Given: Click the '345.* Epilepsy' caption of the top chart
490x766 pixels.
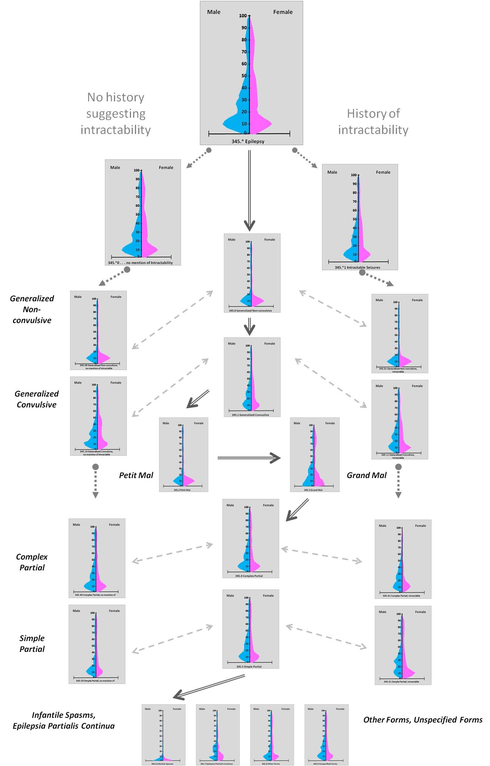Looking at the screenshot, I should coord(248,141).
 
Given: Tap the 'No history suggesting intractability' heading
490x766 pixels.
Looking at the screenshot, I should coord(116,113).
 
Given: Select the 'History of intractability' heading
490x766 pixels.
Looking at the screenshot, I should coord(373,122).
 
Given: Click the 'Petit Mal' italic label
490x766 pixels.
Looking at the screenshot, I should coord(136,475).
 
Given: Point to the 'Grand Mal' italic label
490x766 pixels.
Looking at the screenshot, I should coord(367,475).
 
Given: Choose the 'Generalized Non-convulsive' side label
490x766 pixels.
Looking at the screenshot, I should coord(32,309).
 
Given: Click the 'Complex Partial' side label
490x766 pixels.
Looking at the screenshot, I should coord(32,562).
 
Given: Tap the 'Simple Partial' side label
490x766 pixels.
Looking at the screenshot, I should coord(32,644).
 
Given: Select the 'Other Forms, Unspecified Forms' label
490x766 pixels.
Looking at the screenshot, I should coord(423,720).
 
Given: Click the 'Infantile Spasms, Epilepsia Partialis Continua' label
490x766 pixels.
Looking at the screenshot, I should coord(64,720).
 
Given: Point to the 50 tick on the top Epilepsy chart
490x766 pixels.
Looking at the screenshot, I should coord(244,76).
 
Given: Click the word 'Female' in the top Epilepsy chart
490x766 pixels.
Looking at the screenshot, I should coord(283,12).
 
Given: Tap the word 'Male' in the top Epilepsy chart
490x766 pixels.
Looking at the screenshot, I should coord(214,12).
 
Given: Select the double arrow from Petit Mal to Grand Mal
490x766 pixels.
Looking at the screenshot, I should coord(249,458).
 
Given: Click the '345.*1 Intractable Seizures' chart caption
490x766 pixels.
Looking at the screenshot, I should coord(357,267).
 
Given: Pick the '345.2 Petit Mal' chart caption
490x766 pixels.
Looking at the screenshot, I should coord(182,490).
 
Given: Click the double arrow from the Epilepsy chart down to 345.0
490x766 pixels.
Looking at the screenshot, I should coord(249,190).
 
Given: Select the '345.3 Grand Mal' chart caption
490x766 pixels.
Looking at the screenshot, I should coord(313,490).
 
